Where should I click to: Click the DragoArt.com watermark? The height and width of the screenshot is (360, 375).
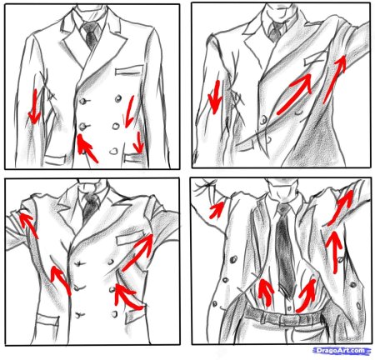click(x=342, y=351)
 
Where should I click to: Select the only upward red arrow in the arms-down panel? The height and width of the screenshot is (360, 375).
click(x=86, y=148)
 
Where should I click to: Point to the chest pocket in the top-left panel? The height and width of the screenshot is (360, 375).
click(x=129, y=70)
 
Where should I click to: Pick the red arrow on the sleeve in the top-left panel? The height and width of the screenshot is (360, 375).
click(x=34, y=106)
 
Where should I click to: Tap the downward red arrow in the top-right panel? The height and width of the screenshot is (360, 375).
click(x=215, y=97)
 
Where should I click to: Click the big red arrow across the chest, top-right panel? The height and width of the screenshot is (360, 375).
click(x=295, y=94)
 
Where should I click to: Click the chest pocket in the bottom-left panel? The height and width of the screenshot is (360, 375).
click(x=129, y=239)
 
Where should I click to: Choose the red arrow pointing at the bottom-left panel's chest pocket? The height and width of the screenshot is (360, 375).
click(x=137, y=252)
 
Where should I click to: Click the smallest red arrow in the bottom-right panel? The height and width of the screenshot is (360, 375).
click(x=217, y=210)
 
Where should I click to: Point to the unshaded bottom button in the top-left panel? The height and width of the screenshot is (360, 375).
click(x=113, y=151)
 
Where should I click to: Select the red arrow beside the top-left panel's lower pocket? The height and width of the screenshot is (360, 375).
click(x=137, y=142)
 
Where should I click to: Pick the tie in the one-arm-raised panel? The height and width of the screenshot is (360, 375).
click(x=275, y=32)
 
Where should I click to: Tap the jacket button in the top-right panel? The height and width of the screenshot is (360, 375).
click(x=263, y=120)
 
